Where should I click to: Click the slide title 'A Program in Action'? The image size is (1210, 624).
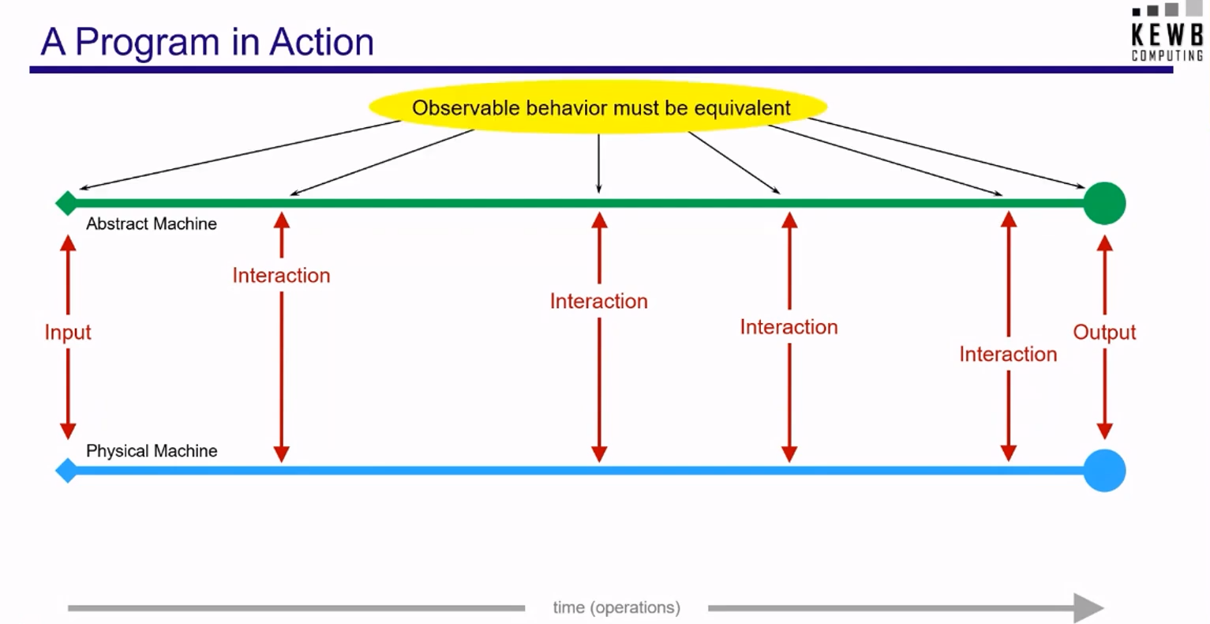[208, 43]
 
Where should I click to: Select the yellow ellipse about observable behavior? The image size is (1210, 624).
[598, 107]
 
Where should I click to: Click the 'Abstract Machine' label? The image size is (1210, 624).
[152, 224]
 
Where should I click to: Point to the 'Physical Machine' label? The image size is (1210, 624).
[152, 451]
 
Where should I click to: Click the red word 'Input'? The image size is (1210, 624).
[68, 332]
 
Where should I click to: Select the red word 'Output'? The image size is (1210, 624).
[1104, 332]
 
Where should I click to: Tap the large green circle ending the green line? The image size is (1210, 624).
[1105, 203]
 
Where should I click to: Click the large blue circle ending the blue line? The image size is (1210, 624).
[1105, 471]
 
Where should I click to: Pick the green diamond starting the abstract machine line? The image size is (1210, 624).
[66, 203]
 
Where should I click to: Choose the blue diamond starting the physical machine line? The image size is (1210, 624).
[66, 471]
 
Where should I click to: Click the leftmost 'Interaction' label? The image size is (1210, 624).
[282, 276]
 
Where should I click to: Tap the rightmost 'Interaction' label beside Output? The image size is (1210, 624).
[1008, 355]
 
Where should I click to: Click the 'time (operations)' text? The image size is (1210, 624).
[616, 607]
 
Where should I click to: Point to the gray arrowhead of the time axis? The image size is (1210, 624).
[1088, 607]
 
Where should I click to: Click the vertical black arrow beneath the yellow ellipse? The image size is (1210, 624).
[598, 164]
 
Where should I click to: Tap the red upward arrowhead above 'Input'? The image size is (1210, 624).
[68, 242]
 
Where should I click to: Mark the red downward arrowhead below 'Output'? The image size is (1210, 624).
[1105, 431]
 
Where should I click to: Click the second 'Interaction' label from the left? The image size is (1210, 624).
[598, 302]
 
